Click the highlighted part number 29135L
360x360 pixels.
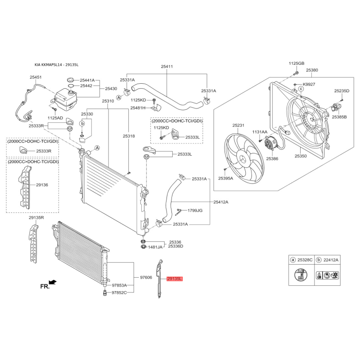tap(175, 279)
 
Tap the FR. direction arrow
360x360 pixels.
tap(53, 282)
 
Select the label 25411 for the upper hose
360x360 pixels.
tap(166, 67)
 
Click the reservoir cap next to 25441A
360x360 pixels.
tap(71, 80)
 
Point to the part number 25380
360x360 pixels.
tap(312, 70)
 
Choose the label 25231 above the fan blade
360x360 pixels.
tap(238, 126)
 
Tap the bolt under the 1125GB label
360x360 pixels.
tap(296, 73)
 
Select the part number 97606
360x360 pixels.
tap(146, 278)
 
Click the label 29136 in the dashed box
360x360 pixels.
tap(42, 185)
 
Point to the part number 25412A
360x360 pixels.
tap(221, 202)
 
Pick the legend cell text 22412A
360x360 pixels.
tap(331, 260)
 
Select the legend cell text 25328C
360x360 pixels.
tap(305, 260)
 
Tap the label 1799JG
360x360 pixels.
tap(195, 210)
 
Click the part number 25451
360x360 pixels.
tap(36, 77)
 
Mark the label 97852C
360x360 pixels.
tap(119, 293)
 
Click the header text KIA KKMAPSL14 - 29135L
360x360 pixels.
tap(57, 65)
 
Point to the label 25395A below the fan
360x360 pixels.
tap(225, 178)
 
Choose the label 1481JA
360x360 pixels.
tap(155, 247)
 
